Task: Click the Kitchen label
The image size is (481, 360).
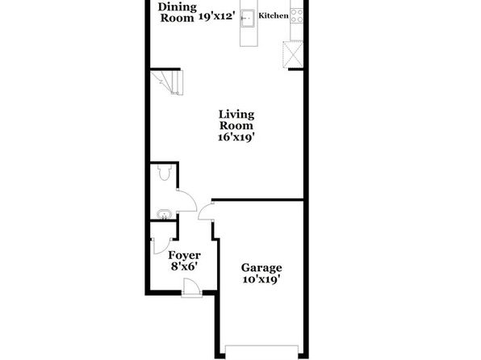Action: point(274,15)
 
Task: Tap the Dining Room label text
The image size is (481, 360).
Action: point(178,12)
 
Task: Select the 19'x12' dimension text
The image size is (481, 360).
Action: point(217,16)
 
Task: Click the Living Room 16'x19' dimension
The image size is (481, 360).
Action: point(236,137)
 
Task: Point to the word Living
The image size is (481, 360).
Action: point(236,115)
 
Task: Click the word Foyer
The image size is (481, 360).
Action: point(184,255)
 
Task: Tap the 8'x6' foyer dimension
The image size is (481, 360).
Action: point(184,266)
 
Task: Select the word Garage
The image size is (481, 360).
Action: point(261,268)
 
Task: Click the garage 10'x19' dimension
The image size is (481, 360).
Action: point(261,279)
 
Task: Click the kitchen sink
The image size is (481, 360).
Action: point(248,19)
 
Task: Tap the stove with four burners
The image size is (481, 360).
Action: point(297,15)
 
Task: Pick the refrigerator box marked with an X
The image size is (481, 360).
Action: point(293,54)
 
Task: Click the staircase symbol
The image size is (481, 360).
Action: point(166,82)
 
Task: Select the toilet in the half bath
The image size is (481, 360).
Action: point(164,172)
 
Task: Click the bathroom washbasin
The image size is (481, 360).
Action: point(164,214)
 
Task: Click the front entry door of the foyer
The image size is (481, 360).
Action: point(192,287)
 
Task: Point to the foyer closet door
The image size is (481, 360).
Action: point(161,246)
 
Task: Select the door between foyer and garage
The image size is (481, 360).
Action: point(206,211)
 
